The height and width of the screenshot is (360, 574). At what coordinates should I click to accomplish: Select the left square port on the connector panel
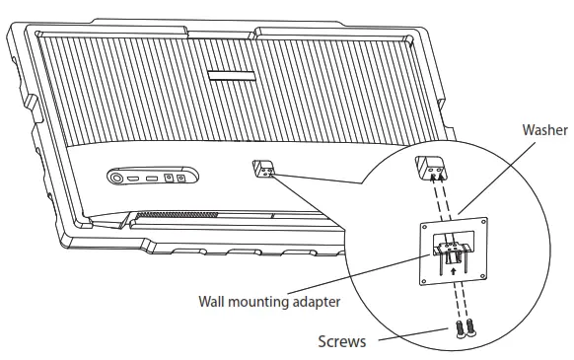[x=170, y=178]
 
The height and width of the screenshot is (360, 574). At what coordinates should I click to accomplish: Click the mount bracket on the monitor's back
[x=264, y=169]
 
